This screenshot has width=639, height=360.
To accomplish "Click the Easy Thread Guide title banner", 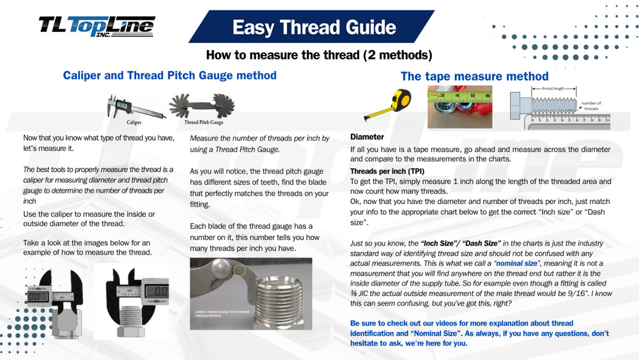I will [x=314, y=27].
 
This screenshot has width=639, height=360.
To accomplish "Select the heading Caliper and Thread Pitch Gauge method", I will [x=169, y=75].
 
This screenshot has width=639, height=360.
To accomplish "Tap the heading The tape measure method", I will [x=474, y=76].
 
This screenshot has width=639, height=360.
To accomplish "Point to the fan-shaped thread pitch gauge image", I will [x=203, y=105].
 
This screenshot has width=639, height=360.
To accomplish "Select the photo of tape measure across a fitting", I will [x=459, y=102].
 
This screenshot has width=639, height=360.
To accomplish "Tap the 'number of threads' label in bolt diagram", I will [x=591, y=106].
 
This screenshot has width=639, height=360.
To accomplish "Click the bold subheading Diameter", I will [x=367, y=137].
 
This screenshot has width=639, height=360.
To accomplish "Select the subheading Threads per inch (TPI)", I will [x=387, y=171].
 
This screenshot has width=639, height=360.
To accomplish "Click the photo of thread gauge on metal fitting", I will [x=250, y=293].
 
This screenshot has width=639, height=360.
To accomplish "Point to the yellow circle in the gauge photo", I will [x=241, y=271].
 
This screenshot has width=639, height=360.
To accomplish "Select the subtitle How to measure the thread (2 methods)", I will [x=319, y=55].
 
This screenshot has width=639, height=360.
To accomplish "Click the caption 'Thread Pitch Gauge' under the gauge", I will [x=203, y=122].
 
